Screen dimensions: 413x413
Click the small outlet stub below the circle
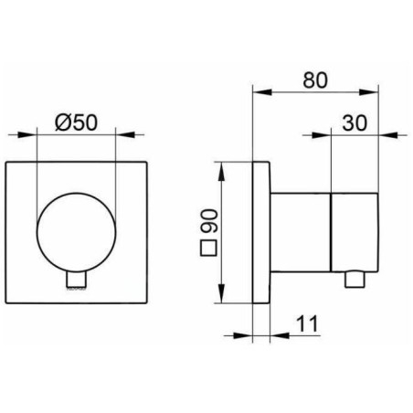click(77, 280)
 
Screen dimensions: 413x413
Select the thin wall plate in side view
click(263, 236)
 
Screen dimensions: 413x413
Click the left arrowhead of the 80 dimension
click(257, 91)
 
